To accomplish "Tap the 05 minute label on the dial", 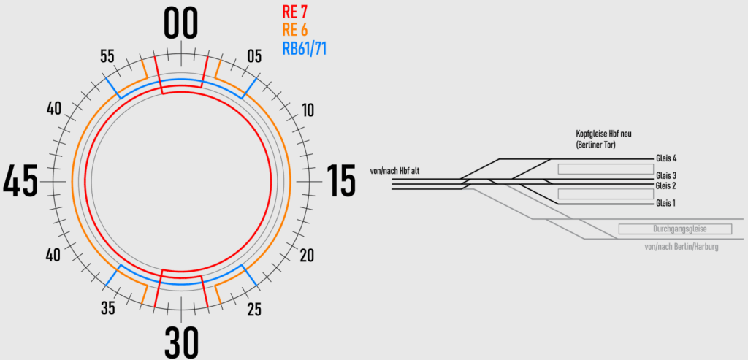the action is [x=254, y=57].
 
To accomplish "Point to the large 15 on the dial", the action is [x=341, y=181].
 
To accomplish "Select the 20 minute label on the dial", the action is [x=307, y=256].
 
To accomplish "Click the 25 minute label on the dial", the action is [x=254, y=310].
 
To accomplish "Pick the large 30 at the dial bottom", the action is [x=181, y=342].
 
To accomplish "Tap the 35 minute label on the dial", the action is [x=108, y=309].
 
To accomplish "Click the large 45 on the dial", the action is [x=20, y=181].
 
